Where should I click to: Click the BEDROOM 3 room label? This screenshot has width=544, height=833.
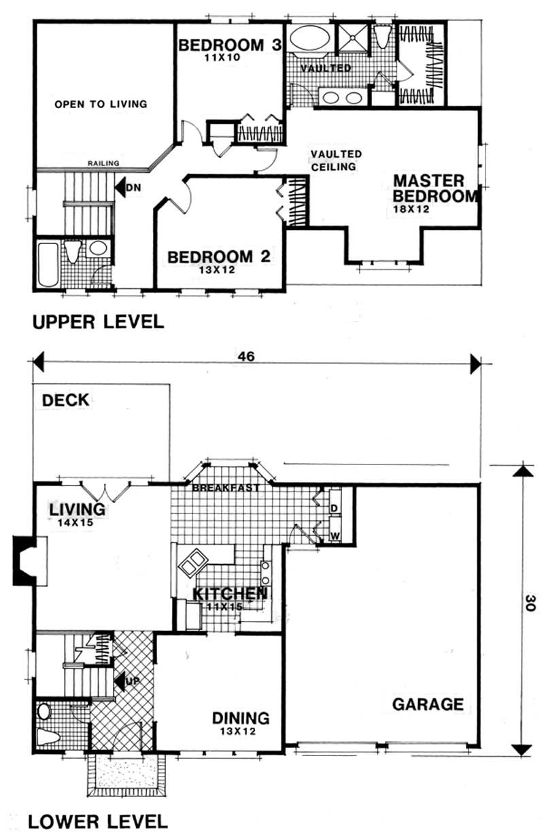click(x=220, y=46)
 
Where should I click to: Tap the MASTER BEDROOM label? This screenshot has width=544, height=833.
click(x=437, y=189)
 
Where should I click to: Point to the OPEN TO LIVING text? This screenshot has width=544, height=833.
click(x=101, y=104)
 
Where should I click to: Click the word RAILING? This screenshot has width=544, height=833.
click(x=103, y=163)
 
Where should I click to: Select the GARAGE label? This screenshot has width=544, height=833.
click(x=428, y=704)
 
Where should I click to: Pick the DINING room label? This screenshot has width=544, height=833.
click(x=240, y=718)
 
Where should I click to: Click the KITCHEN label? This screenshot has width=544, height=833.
click(x=228, y=593)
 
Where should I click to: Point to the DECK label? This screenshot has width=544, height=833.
click(x=65, y=400)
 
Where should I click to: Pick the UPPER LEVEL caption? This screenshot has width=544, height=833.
click(x=98, y=322)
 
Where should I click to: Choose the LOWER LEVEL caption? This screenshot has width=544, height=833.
click(x=98, y=821)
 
